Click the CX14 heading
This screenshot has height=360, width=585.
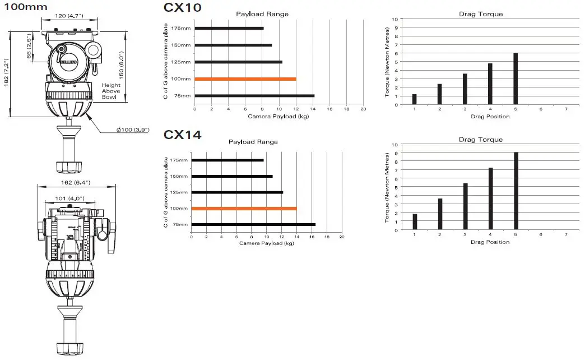183,135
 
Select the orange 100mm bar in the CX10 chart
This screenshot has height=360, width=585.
245,79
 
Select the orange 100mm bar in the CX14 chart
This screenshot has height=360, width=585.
244,209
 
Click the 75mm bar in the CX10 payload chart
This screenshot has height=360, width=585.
254,96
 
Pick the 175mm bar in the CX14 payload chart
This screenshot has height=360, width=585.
227,160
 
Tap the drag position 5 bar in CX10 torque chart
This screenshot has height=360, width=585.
515,79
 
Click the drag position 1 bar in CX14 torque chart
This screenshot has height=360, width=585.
415,221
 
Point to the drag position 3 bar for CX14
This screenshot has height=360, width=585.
465,206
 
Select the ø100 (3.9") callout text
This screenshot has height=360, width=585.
133,130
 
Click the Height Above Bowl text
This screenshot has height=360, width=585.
111,91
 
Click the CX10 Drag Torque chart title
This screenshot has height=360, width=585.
480,13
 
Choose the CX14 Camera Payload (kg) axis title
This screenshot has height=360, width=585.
266,243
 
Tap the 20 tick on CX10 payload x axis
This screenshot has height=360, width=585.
363,109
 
